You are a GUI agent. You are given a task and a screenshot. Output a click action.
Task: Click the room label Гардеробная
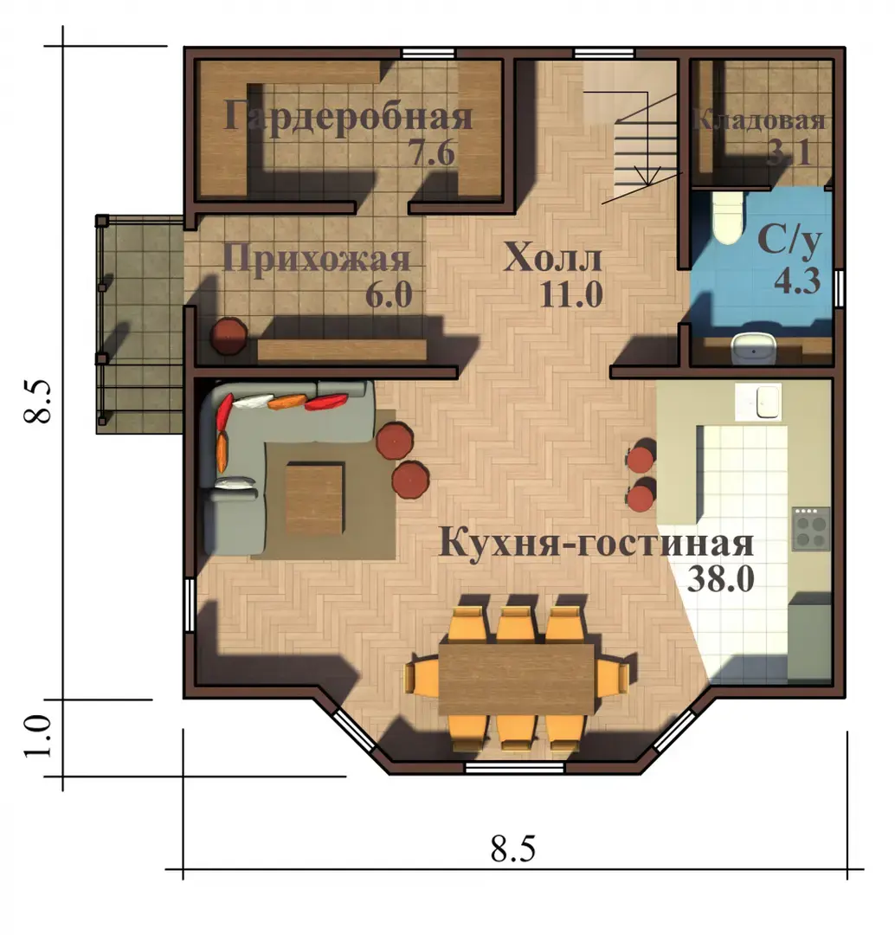point(348,117)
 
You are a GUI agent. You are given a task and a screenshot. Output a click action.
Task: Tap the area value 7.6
point(432,153)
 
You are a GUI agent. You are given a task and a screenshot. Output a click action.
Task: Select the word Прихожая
point(317,261)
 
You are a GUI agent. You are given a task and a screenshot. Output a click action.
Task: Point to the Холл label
point(553,258)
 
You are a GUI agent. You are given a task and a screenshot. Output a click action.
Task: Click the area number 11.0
point(570,294)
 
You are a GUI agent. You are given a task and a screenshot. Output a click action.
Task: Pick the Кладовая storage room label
point(759,120)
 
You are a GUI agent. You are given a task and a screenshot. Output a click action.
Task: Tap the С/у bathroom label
point(789,242)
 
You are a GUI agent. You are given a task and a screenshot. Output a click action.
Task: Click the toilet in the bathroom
point(727,217)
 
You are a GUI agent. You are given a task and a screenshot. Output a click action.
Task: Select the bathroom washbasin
point(754,349)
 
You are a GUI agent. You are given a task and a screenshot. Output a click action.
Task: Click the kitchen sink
point(768,402)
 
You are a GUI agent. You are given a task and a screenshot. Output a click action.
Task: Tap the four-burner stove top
point(811,528)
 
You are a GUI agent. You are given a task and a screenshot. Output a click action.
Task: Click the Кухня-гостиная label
point(596,545)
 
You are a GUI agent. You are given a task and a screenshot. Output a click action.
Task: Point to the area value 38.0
point(720,578)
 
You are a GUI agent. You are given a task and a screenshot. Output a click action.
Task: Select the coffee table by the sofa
point(314,499)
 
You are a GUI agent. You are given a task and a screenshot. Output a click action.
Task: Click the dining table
point(517,679)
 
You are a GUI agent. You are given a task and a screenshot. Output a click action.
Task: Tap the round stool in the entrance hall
point(229,336)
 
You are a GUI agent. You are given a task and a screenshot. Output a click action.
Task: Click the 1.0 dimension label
point(37,736)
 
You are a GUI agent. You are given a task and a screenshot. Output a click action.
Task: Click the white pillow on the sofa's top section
point(253,402)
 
